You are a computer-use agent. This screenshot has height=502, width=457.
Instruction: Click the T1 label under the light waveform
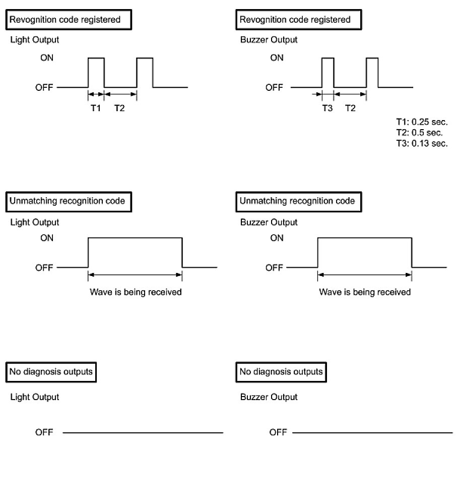pos(96,108)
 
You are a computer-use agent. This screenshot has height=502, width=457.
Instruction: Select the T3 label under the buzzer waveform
pos(328,108)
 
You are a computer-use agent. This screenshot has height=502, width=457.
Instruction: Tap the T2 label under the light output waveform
pos(120,108)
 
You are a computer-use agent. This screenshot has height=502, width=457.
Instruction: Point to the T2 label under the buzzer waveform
pos(350,108)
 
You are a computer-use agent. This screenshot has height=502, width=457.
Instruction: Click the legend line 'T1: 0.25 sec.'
pos(422,122)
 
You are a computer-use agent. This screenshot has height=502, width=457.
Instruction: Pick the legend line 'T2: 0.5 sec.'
pos(419,133)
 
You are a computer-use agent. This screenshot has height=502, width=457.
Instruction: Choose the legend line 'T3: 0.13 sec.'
pos(422,143)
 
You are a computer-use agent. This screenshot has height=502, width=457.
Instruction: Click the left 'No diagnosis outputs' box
pos(51,372)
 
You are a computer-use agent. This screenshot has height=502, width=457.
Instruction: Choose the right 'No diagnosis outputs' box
pos(281,372)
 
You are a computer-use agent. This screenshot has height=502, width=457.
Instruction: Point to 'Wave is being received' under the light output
pos(136,292)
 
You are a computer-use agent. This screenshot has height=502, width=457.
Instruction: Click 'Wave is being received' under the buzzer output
pos(365,292)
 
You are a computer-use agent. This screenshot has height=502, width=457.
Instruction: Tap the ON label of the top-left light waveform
pos(47,58)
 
